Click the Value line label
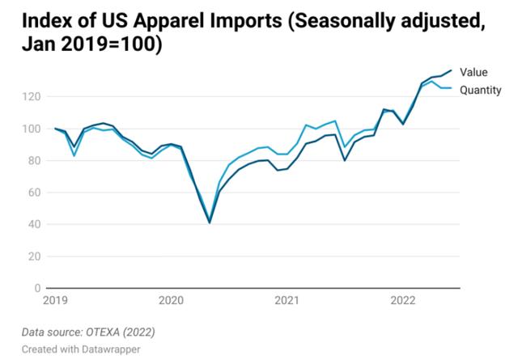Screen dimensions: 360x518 (473, 73)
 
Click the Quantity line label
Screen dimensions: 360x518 (481, 90)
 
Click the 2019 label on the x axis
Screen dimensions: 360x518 (55, 301)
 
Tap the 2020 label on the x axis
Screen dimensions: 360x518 (171, 301)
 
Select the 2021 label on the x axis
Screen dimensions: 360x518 (287, 301)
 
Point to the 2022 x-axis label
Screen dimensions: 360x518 (403, 301)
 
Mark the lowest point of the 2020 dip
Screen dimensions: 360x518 (210, 222)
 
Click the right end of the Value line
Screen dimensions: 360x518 (451, 70)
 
